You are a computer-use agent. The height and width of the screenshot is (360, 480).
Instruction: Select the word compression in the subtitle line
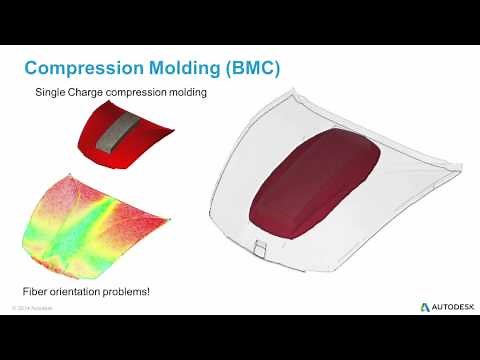click(156, 94)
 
